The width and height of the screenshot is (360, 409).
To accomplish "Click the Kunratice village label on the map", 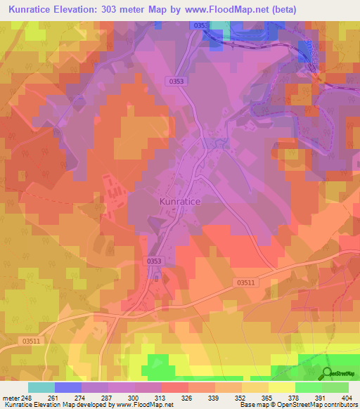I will (x=176, y=201).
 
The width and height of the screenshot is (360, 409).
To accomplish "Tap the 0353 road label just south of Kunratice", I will (x=156, y=261).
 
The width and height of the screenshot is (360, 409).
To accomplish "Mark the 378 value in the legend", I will (x=308, y=398).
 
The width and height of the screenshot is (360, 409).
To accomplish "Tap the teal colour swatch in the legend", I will (x=41, y=387).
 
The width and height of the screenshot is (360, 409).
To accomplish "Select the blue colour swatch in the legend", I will (x=68, y=387).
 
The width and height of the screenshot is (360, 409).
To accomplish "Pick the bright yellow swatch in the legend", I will (x=281, y=387).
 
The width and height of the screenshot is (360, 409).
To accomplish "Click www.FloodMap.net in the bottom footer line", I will (x=143, y=405).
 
